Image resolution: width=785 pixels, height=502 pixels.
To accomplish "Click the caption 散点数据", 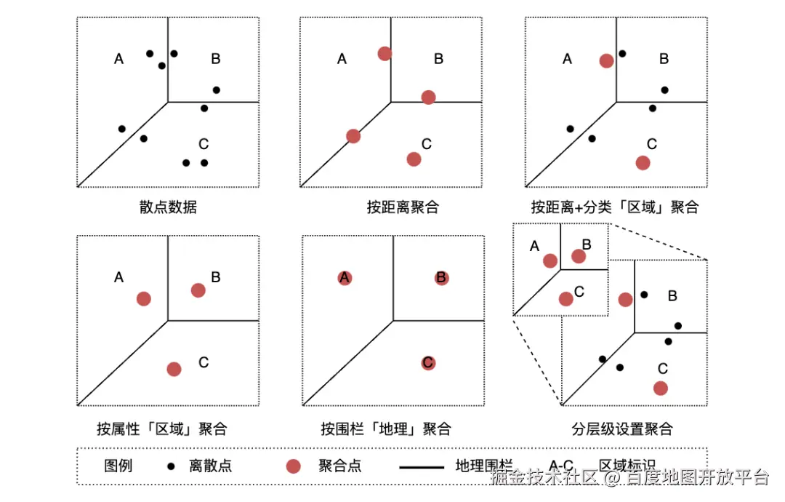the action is click(168, 207).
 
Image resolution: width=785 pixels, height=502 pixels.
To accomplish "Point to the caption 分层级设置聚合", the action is click(622, 429).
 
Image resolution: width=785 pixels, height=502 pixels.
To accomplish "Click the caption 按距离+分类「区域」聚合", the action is click(614, 207).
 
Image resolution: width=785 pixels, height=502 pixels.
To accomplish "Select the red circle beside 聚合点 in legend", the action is click(293, 466).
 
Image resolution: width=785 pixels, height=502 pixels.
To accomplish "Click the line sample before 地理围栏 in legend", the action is click(420, 466).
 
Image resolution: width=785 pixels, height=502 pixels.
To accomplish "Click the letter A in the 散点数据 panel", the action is click(119, 59).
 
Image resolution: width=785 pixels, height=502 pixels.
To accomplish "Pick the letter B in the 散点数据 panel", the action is click(216, 59).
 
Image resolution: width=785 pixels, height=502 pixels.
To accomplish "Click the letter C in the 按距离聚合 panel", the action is click(427, 144).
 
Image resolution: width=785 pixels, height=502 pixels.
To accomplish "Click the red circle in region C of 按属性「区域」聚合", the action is click(174, 369).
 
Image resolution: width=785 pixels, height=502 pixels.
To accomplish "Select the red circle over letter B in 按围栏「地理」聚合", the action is click(441, 278).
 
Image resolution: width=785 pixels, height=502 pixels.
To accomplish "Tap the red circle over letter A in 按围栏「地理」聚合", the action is click(345, 278).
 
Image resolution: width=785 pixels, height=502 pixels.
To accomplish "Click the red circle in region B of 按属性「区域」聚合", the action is click(198, 290).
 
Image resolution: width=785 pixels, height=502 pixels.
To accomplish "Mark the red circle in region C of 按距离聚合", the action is click(414, 159).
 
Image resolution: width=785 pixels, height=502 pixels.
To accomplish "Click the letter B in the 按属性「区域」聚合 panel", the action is click(216, 277).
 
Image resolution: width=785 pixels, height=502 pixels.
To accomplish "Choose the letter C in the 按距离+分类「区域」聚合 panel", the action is click(652, 144).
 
